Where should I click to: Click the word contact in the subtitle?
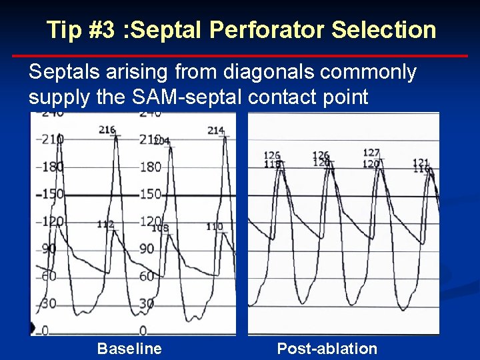click(x=287, y=97)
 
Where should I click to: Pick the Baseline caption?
click(x=129, y=348)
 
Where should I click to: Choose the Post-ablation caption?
click(x=327, y=348)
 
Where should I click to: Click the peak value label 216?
click(x=107, y=130)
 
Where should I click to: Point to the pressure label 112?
click(x=105, y=225)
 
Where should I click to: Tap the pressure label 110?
click(x=214, y=227)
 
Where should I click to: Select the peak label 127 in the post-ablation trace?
click(x=371, y=153)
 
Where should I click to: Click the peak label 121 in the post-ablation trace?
click(x=421, y=163)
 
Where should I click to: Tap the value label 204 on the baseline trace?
click(x=162, y=141)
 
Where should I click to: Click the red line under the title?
click(x=240, y=56)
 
